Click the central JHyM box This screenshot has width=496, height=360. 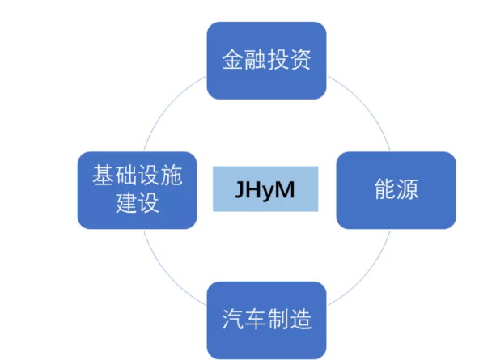coord(266,189)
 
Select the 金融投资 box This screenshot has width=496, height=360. coord(266,60)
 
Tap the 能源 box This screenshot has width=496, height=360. coord(396,191)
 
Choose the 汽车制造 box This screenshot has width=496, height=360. coord(266,320)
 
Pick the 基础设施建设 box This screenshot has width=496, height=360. coord(138,189)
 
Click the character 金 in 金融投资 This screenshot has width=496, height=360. coord(233,61)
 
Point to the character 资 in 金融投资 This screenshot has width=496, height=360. coord(299,61)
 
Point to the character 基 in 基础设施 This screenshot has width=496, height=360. coord(104,175)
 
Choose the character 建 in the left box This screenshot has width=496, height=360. coord(126,204)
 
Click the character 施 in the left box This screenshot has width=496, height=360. coord(171,175)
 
